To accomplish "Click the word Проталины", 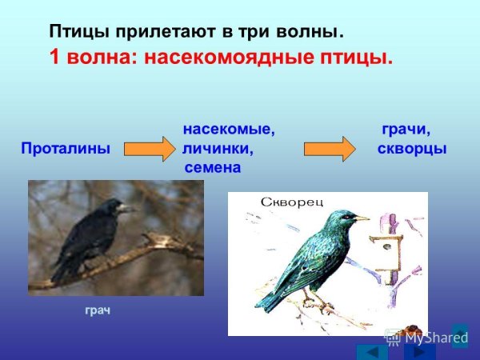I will pos(65,149).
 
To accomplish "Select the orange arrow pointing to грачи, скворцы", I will pos(329,150).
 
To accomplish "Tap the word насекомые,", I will pos(228,130).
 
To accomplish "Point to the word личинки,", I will pos(217,149).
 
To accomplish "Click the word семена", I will pos(212,168).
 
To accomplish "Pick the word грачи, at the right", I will pos(406,130).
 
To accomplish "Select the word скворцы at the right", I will pos(411,149).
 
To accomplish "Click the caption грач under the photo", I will pos(98,309).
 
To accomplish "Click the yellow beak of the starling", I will pos(362,218).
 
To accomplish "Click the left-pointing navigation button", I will pos(371,351).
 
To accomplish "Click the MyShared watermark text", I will pos(435,338).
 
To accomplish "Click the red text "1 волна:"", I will pos(94,58).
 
